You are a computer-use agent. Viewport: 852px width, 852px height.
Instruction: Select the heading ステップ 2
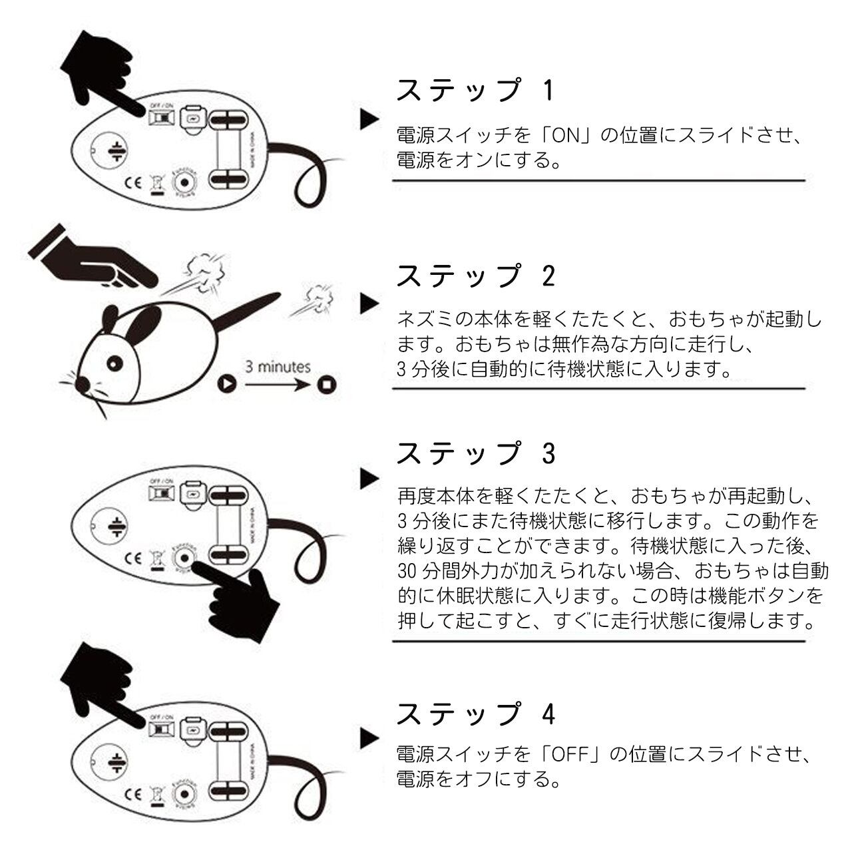coord(475,276)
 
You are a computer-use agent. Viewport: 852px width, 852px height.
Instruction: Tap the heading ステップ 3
coord(475,454)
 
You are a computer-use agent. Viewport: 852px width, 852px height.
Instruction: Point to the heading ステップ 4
coord(475,714)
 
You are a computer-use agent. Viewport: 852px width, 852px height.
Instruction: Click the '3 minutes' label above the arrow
coord(278,367)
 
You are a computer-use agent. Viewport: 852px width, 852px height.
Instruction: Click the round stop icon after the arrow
coord(326,384)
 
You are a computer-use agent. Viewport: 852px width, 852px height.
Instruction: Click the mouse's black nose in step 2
coord(82,384)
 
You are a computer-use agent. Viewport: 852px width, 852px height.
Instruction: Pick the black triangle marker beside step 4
coord(369,738)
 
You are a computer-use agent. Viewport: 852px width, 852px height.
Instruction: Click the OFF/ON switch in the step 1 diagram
coord(160,117)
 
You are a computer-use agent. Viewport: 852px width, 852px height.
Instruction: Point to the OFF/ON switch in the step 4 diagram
coord(160,731)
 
